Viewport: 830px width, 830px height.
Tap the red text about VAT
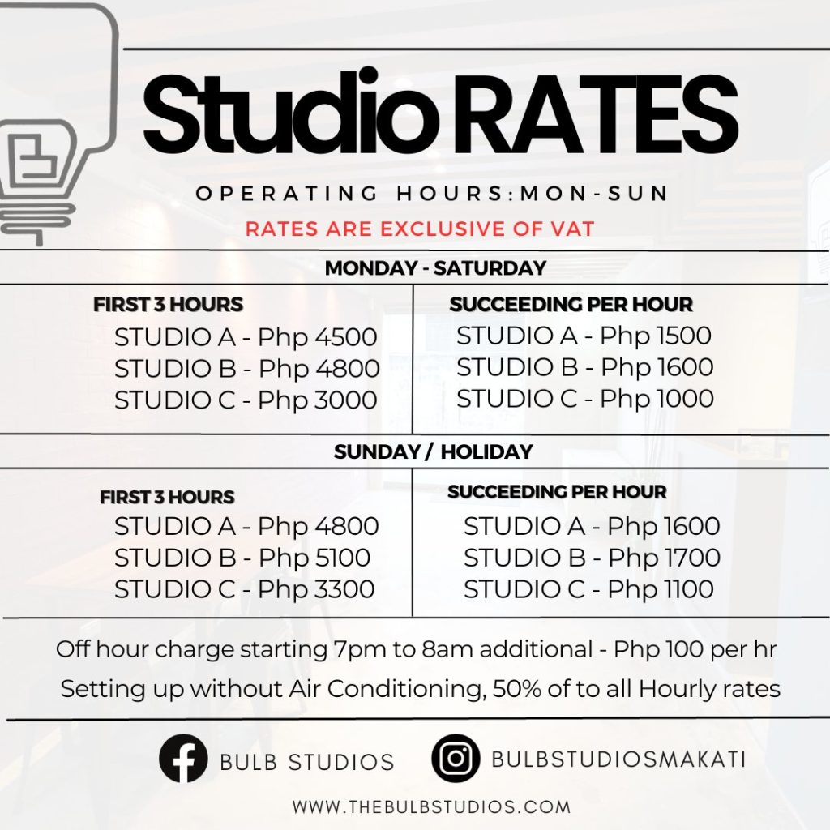tap(420, 229)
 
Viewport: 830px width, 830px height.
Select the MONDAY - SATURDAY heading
tap(435, 267)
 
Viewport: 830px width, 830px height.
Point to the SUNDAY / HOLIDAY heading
tap(433, 451)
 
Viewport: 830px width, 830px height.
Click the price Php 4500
tap(318, 337)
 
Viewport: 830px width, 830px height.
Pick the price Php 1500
tap(656, 335)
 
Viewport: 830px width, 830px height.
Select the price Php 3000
tap(318, 400)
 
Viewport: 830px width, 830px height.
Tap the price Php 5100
tap(314, 558)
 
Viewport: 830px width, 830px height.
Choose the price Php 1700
tap(664, 558)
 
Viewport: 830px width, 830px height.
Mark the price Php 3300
tap(316, 589)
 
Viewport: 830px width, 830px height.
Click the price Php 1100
tap(661, 589)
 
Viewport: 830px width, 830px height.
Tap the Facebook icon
tap(183, 759)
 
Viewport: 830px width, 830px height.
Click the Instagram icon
tap(456, 758)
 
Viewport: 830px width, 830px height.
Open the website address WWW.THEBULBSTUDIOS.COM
tap(431, 807)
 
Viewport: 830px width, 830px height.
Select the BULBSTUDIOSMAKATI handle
tap(618, 759)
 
